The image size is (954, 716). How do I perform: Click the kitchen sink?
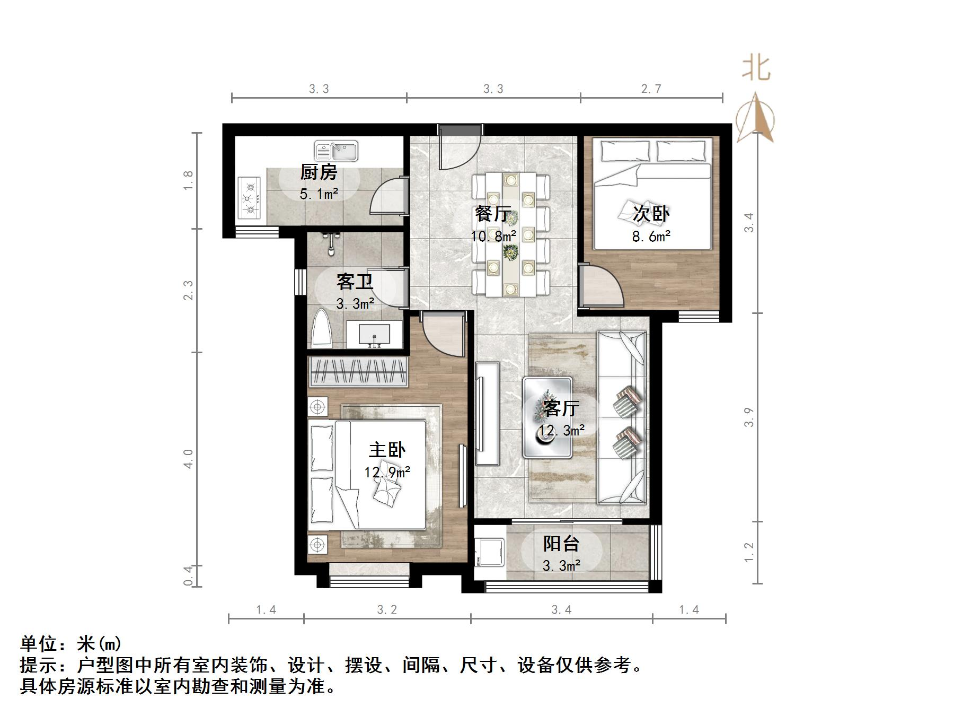pos(336,151)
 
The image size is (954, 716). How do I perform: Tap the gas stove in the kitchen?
pos(250,198)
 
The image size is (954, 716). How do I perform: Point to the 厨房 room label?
pos(319,172)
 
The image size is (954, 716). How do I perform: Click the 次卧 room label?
pos(651,214)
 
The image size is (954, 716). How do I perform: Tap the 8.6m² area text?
pos(651,236)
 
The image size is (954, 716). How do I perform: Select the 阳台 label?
pos(561,544)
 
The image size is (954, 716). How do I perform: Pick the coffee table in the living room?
pos(547,417)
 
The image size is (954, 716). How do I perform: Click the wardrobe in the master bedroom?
pos(358,371)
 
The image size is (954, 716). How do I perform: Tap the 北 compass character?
pos(756,69)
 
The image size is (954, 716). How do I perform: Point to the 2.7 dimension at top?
pos(651,89)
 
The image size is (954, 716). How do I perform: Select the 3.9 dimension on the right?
pos(748,417)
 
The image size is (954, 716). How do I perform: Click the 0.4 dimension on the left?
pos(188,575)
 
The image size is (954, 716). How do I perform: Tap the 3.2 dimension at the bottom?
pos(387,610)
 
